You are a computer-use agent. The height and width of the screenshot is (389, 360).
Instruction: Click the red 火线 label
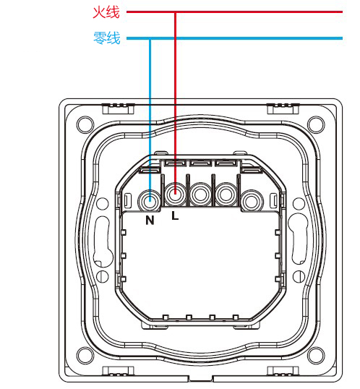[x=106, y=12]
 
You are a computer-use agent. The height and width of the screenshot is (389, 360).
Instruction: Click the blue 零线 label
[x=107, y=38]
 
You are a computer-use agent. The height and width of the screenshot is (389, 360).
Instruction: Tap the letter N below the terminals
[x=150, y=221]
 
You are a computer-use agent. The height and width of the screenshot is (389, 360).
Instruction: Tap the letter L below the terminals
[x=175, y=216]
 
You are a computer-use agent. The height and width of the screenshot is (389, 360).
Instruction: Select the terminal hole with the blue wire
[x=150, y=200]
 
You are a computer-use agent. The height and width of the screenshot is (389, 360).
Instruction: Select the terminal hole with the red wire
[x=175, y=194]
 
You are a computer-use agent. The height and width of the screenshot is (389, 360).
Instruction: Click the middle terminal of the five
[x=200, y=194]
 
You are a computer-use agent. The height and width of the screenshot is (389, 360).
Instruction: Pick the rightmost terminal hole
[x=252, y=200]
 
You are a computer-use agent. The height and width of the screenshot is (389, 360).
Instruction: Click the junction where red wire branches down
[x=175, y=12]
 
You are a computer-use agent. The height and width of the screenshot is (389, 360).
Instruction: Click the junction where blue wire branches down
[x=150, y=38]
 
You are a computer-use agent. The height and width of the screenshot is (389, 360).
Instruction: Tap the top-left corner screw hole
[x=85, y=125]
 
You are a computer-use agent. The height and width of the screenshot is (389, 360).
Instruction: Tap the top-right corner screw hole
[x=316, y=124]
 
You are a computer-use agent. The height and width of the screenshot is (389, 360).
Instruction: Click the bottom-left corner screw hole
[x=85, y=355]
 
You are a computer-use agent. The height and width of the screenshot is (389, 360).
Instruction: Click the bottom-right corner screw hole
[x=316, y=355]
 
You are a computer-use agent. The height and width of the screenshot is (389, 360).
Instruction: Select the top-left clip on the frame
[x=119, y=108]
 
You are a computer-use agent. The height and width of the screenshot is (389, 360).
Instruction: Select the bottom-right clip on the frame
[x=283, y=372]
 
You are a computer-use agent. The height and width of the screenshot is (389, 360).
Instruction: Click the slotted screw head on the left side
[x=103, y=276]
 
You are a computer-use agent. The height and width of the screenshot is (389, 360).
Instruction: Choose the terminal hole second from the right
[x=226, y=194]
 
